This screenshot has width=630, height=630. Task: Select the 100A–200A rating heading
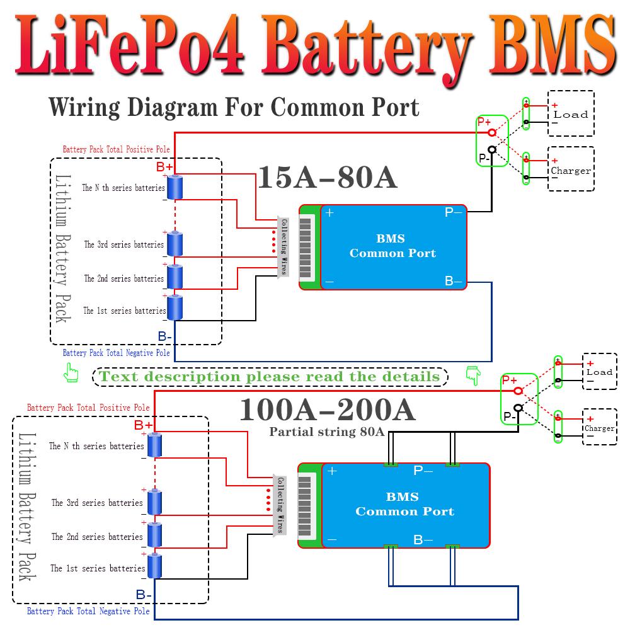coord(328,410)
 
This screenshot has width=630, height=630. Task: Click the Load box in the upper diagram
coord(571,113)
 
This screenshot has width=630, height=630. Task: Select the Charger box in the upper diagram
coord(571,169)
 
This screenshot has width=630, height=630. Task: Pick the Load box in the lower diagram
coord(599,372)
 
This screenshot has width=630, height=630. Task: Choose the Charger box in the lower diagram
coord(599,428)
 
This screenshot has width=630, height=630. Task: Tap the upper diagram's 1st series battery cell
coord(175,309)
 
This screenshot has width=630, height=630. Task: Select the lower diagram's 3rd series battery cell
coord(155,502)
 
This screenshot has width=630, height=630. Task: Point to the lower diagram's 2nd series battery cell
coord(155,535)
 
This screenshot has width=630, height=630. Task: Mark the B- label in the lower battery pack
coord(144,595)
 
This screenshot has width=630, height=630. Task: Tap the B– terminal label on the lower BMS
coord(423,540)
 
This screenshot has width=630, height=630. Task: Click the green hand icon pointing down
coord(472,375)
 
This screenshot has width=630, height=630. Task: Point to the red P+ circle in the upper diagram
coord(490,132)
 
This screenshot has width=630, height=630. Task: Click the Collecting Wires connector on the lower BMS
coord(280,504)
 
